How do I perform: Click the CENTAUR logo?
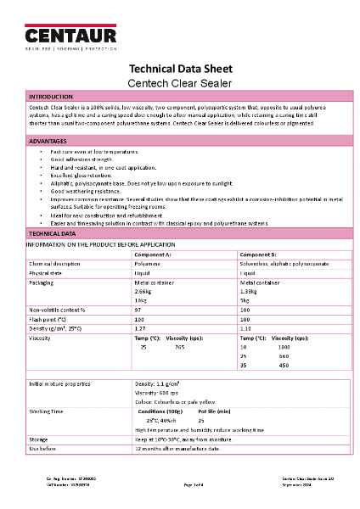70,35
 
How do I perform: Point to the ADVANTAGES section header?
48,140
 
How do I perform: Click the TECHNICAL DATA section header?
53,232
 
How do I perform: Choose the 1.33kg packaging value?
250,290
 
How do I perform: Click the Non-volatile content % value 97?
139,310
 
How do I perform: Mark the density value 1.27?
141,327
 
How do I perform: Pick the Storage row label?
39,439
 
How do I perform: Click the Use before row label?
42,448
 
